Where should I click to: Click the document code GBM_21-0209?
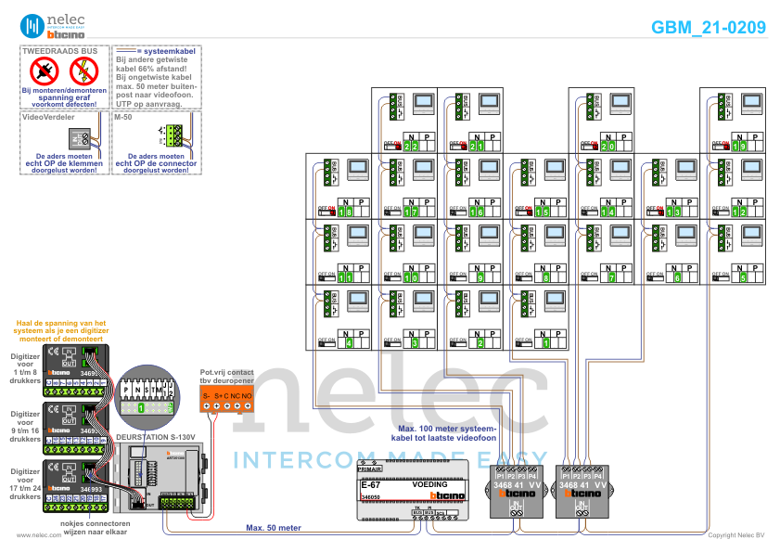pyautogui.click(x=709, y=28)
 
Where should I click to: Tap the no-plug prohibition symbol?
pyautogui.click(x=44, y=70)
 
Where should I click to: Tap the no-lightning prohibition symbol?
pyautogui.click(x=83, y=70)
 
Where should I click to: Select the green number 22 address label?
pyautogui.click(x=411, y=146)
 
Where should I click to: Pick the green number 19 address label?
pyautogui.click(x=739, y=146)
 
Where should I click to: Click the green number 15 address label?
pyautogui.click(x=543, y=212)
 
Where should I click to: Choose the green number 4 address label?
pyautogui.click(x=349, y=343)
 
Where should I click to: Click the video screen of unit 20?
pyautogui.click(x=621, y=103)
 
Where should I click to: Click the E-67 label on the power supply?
pyautogui.click(x=371, y=484)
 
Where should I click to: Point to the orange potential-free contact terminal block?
pyautogui.click(x=227, y=400)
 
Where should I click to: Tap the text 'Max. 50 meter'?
pyautogui.click(x=273, y=528)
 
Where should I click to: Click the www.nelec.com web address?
pyautogui.click(x=39, y=535)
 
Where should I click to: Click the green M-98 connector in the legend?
pyautogui.click(x=173, y=135)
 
